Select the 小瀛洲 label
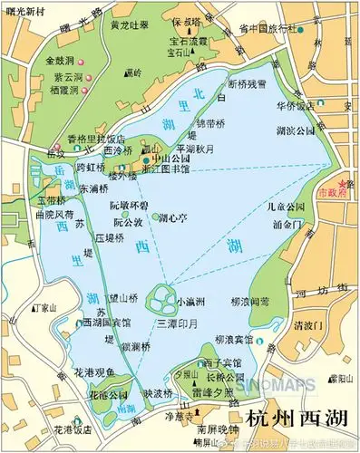tap(190, 302)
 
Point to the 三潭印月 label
tap(177, 323)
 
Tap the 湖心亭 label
tap(172, 218)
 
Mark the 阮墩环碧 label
tap(131, 205)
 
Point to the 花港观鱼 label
tap(94, 372)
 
